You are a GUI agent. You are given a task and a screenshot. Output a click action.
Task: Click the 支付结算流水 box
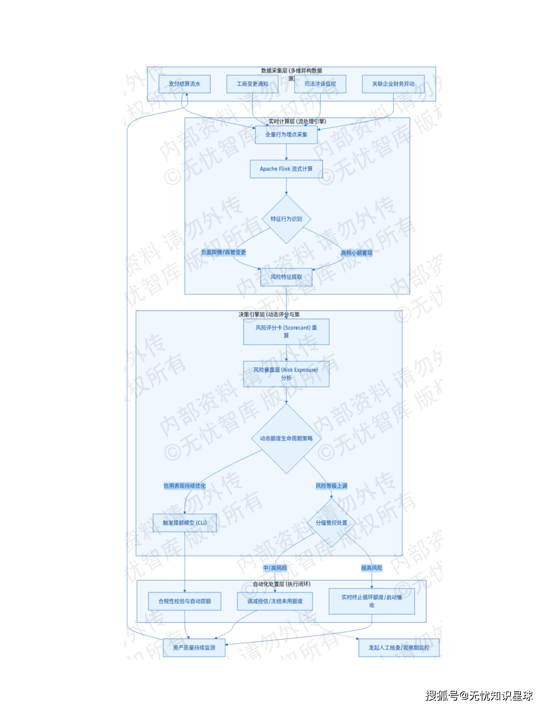184,84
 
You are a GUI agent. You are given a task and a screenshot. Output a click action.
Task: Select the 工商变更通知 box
252,84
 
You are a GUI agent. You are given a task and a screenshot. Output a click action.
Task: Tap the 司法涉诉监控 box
320,84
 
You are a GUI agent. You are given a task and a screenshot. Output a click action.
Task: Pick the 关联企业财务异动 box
393,84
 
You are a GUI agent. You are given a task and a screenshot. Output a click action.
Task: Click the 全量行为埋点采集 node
286,135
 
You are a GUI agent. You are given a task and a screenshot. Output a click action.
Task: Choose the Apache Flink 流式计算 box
286,169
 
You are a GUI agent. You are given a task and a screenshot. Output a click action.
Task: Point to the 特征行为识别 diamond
286,219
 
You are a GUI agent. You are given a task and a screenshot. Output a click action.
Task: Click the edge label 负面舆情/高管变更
223,252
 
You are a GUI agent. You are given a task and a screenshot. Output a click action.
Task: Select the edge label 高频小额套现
356,253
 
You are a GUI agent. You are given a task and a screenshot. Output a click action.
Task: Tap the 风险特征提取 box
286,277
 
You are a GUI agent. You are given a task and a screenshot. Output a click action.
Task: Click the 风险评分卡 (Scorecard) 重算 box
286,331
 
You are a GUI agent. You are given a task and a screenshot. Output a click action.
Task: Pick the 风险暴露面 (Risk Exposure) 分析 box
286,374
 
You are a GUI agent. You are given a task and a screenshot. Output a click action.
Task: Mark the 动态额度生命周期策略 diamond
286,439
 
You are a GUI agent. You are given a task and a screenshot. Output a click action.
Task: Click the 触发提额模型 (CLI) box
184,523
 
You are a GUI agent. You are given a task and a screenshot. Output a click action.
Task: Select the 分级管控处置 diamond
331,523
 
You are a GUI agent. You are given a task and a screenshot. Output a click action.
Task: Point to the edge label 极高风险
371,568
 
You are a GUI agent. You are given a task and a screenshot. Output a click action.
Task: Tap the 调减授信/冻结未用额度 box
275,602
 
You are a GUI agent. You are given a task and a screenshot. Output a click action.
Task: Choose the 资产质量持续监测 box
194,648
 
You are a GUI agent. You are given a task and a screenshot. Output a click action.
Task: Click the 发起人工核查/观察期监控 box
399,648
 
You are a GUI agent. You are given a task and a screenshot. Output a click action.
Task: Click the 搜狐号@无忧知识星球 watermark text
479,696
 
